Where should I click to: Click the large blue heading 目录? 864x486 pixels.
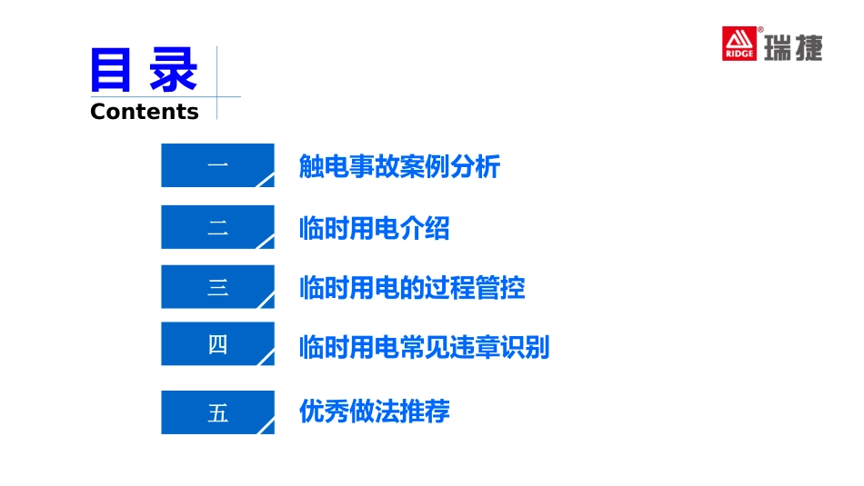click(x=144, y=71)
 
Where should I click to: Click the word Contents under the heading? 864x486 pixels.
click(x=145, y=112)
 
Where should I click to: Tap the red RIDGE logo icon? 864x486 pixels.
click(x=739, y=44)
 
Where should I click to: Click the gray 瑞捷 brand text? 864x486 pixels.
click(x=792, y=47)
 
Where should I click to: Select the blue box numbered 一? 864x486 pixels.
click(x=217, y=165)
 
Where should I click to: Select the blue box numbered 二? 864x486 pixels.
click(x=217, y=227)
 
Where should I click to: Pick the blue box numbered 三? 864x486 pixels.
click(x=217, y=287)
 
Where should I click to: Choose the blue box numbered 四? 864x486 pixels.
click(x=217, y=344)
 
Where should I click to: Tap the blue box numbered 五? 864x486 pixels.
click(x=217, y=412)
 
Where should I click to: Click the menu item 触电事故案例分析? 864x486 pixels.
click(x=399, y=167)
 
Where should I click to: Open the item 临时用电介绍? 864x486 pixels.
click(x=374, y=228)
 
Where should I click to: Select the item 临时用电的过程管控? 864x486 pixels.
click(x=412, y=288)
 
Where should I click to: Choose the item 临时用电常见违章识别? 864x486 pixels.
click(x=424, y=346)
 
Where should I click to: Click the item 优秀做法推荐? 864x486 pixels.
click(x=374, y=412)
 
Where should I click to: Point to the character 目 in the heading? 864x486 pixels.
click(x=113, y=71)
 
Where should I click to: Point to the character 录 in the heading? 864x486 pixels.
click(x=174, y=71)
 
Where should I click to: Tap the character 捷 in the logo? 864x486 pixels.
click(x=809, y=47)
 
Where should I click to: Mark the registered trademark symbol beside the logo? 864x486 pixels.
click(x=760, y=30)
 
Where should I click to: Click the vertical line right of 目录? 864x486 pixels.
click(x=216, y=82)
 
